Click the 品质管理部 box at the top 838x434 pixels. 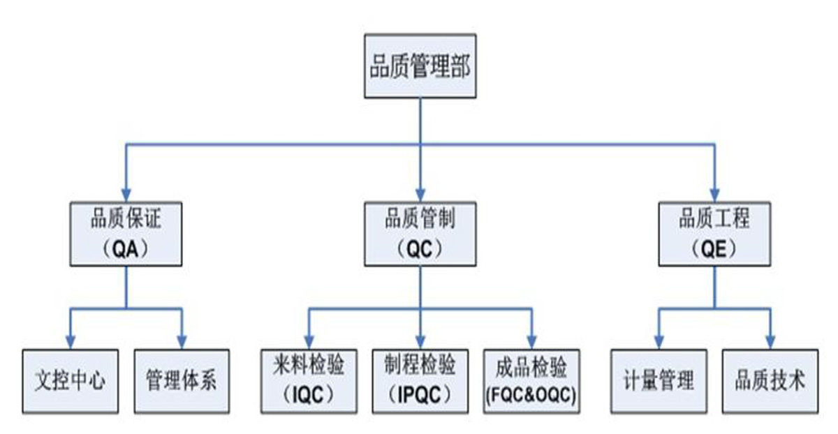click(420, 68)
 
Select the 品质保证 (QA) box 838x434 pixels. click(126, 234)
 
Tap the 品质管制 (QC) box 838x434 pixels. click(420, 234)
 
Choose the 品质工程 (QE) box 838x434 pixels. click(714, 234)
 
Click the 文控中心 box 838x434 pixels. click(70, 381)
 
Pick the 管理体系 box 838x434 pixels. click(182, 381)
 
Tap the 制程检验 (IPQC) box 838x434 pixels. click(420, 381)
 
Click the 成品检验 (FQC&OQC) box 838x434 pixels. click(531, 381)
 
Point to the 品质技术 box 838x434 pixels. click(770, 381)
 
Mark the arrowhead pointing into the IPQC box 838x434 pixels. click(420, 341)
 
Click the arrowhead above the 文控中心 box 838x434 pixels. click(70, 341)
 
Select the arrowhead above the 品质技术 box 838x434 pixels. click(770, 341)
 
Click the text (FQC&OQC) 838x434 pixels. click(531, 396)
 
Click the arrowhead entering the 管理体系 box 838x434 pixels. click(182, 341)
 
